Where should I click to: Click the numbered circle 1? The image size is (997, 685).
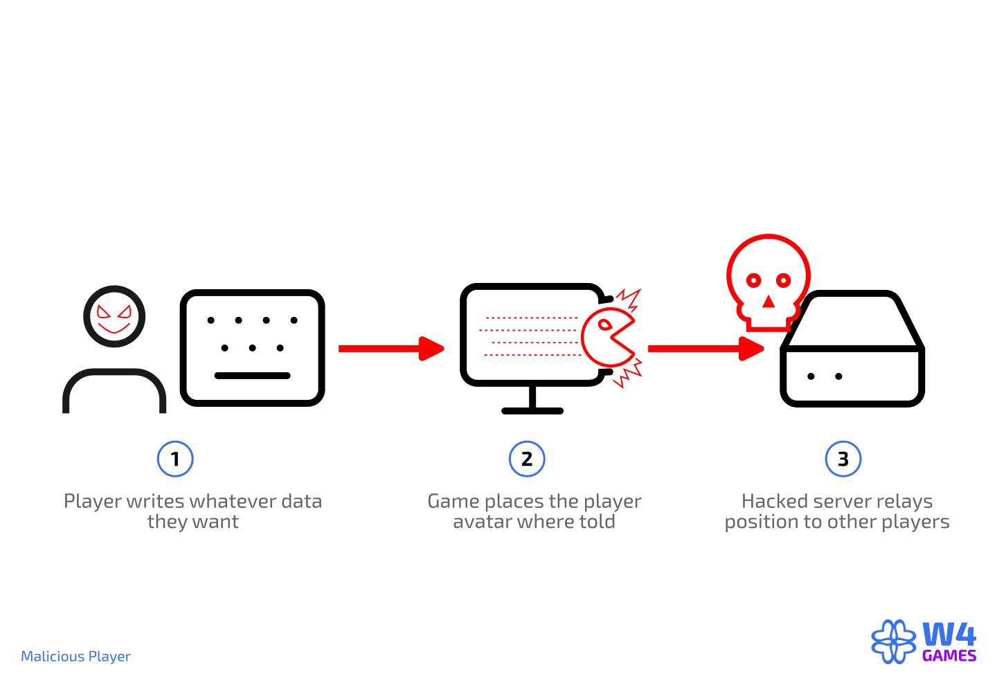tap(174, 459)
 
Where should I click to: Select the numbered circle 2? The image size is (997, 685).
tap(527, 459)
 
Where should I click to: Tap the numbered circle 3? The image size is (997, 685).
tap(843, 459)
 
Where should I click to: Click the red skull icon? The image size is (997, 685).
tap(768, 280)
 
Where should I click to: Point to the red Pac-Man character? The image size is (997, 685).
tap(608, 338)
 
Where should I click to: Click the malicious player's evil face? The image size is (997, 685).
tap(114, 316)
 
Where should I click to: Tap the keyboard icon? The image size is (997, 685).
tap(252, 347)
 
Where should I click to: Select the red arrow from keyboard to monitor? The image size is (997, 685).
tap(391, 348)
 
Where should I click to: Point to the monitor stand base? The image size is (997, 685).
tap(532, 410)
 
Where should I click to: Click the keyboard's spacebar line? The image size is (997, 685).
tap(252, 376)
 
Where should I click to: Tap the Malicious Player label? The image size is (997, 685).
tap(75, 656)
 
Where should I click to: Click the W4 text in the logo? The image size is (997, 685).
tap(949, 634)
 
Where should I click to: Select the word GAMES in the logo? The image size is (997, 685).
tap(949, 656)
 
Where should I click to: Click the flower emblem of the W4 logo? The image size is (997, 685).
tap(894, 641)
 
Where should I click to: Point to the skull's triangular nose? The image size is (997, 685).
tap(768, 302)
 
